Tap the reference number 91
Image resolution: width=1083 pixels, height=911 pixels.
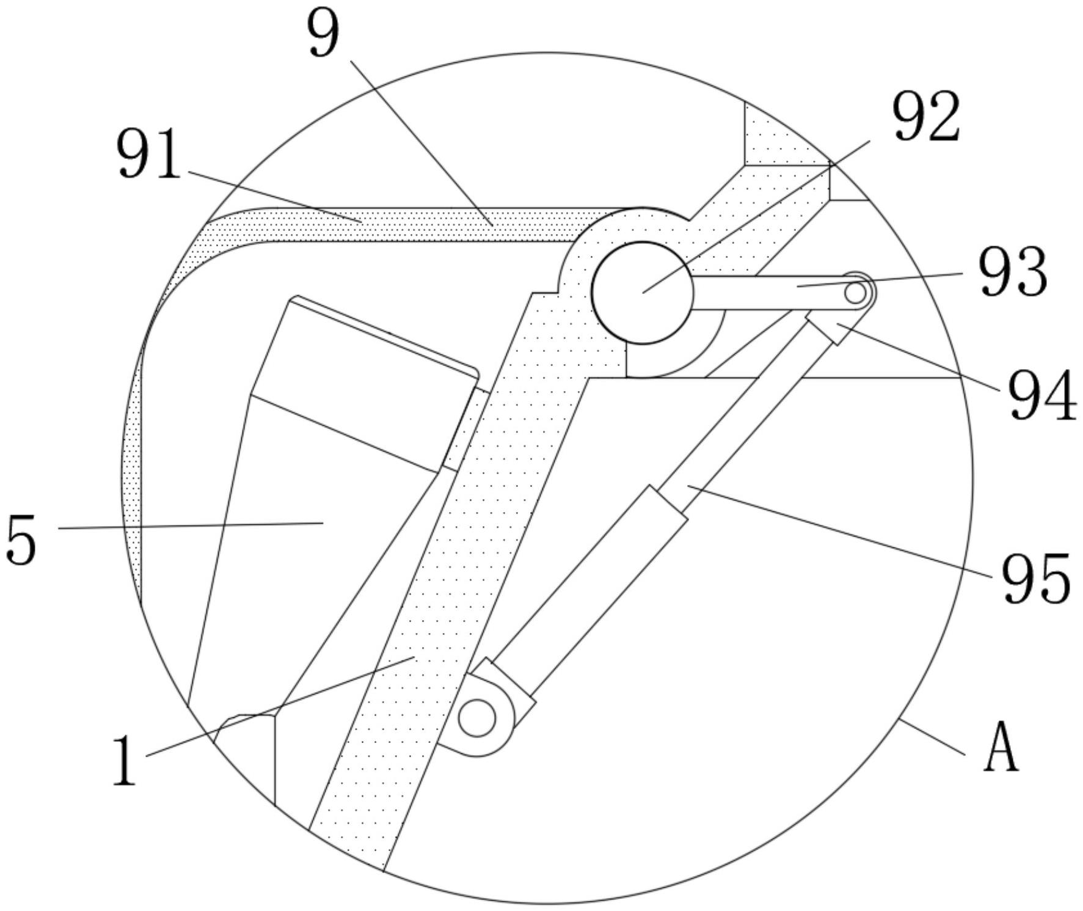coord(150,155)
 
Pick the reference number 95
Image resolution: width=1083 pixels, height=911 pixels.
coord(1035,577)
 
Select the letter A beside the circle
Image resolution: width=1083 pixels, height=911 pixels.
coord(1001,747)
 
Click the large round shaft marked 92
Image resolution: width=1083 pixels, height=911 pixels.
coord(643,292)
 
